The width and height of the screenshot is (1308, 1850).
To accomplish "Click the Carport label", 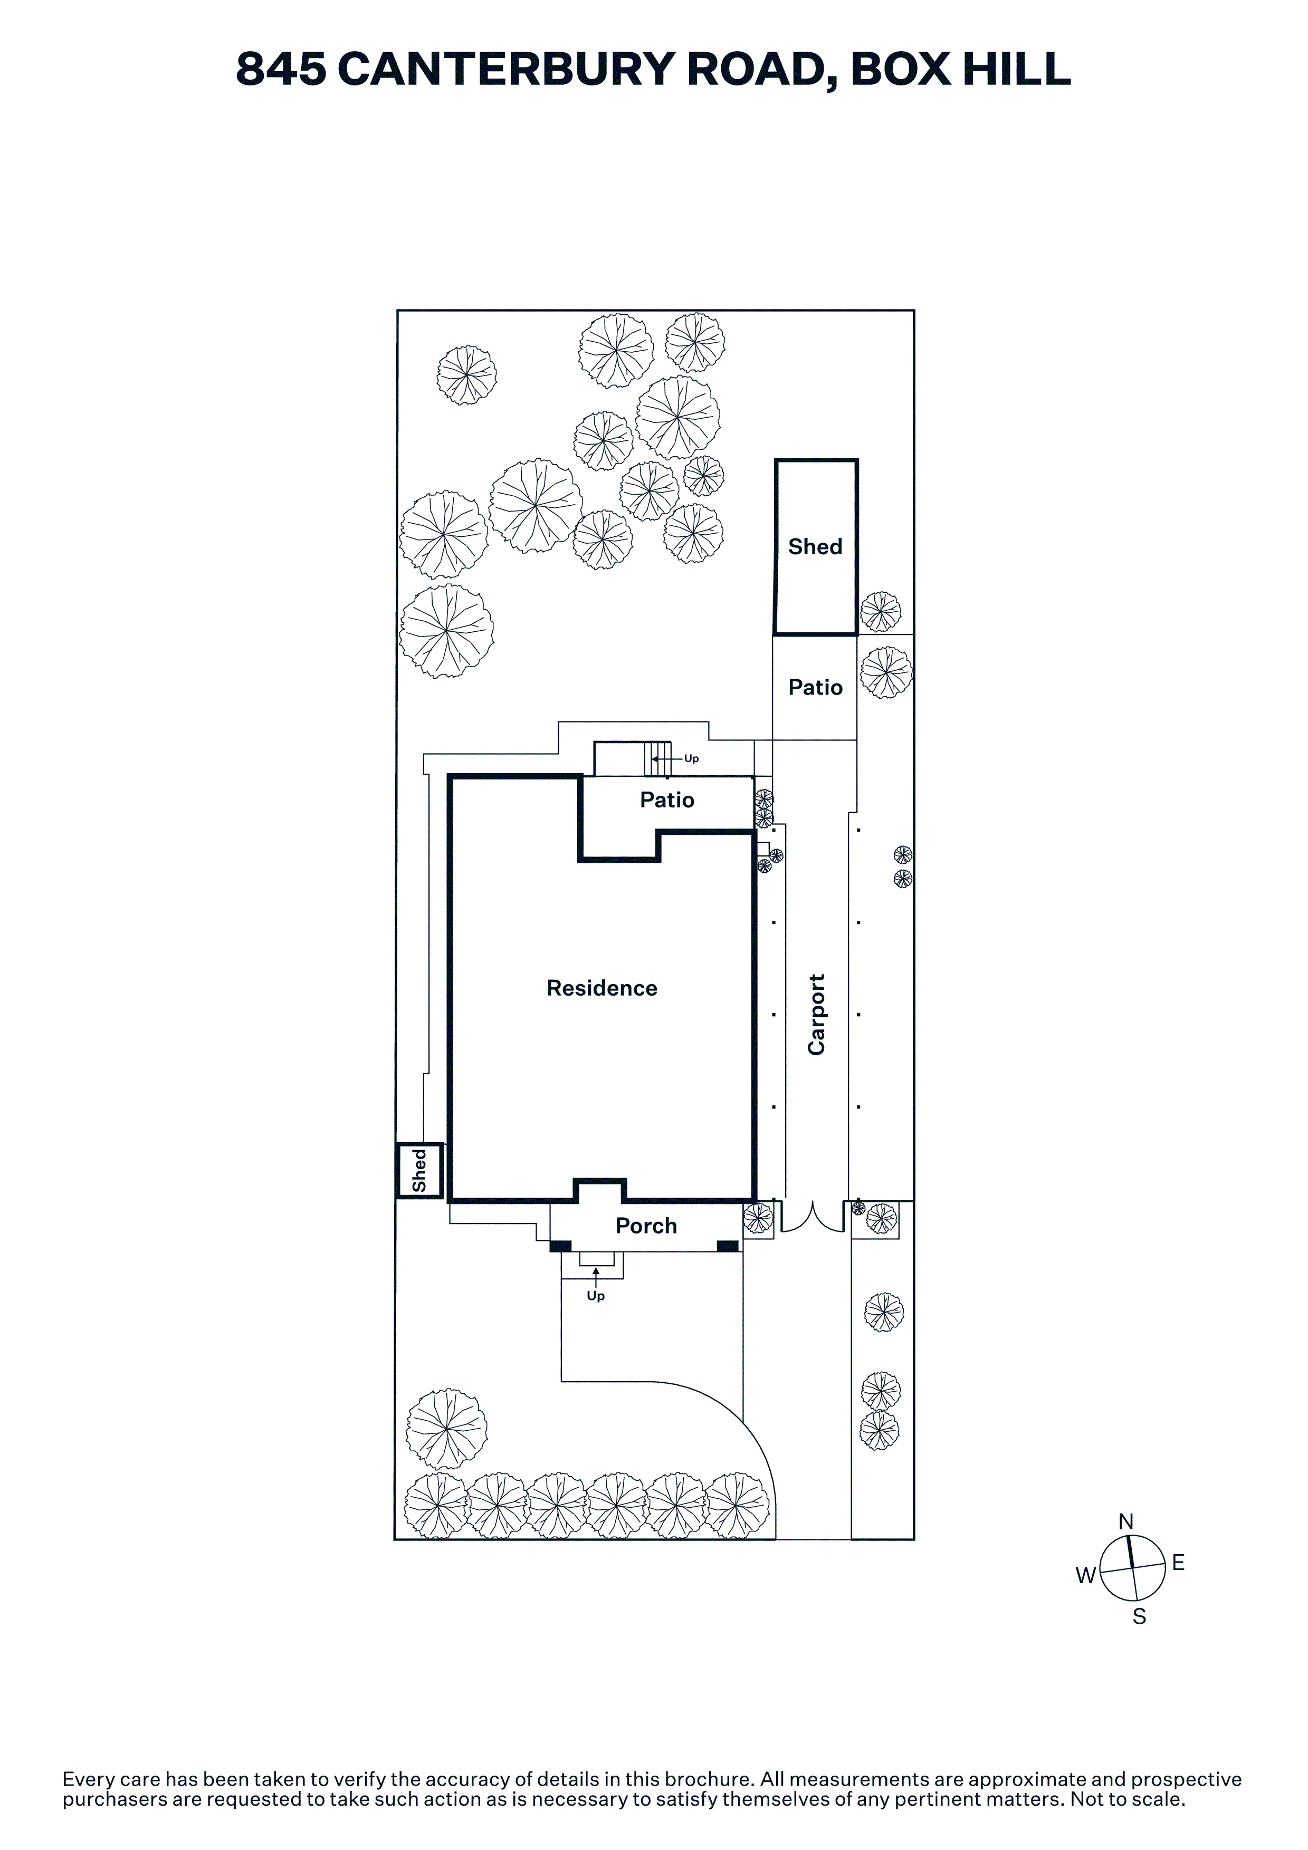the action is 816,1015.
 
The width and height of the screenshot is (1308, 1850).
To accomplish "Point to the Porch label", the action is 646,1226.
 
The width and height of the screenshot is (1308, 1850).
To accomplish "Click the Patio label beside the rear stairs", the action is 667,799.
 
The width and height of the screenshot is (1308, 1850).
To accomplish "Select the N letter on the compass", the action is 1126,1522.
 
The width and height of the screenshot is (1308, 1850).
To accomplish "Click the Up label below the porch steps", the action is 596,1296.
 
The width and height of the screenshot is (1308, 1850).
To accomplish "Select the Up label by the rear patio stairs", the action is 692,758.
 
